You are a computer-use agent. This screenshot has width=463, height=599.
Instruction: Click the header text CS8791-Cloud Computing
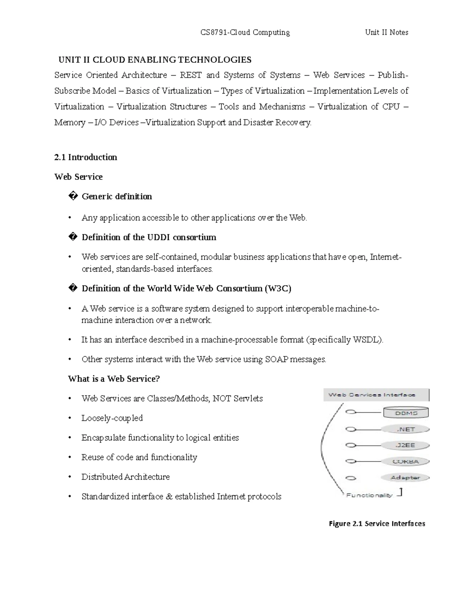point(245,32)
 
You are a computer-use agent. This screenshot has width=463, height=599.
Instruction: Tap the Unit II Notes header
point(387,32)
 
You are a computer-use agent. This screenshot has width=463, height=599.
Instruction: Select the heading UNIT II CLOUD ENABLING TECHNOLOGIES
point(155,60)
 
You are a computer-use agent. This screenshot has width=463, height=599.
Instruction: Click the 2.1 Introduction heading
point(86,157)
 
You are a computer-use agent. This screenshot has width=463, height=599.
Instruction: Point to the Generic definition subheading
point(117,197)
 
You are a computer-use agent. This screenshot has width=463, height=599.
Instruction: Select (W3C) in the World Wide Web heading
point(278,289)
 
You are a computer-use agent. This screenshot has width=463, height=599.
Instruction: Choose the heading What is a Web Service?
point(114,379)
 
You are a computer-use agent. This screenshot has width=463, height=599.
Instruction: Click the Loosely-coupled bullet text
point(112,418)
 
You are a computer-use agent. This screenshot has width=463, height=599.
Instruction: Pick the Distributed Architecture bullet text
point(125,477)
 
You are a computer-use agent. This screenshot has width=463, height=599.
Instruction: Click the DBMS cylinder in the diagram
point(406,413)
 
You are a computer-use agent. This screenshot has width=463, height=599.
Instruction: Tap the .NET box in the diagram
point(406,429)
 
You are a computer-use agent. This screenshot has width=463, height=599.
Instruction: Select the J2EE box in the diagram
point(406,445)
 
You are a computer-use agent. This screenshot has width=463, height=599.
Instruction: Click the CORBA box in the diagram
point(406,462)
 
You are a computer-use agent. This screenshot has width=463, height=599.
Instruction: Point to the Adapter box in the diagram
point(405,478)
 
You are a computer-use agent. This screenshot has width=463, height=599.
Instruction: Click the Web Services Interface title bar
point(376,395)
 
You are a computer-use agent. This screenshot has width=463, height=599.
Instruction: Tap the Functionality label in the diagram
point(369,495)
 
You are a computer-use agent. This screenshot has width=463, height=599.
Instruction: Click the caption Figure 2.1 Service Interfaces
point(377,524)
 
